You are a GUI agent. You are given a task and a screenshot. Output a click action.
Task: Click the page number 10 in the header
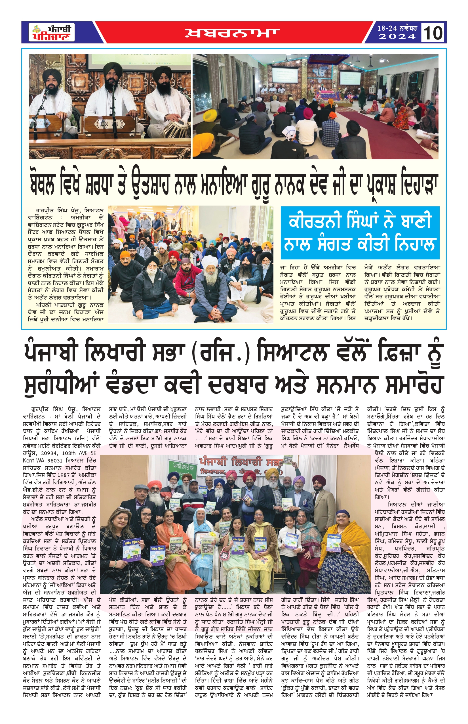click(433, 33)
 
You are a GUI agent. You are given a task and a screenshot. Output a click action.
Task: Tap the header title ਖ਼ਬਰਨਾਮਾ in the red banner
click(233, 33)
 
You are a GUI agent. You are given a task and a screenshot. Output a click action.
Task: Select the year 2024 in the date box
click(397, 37)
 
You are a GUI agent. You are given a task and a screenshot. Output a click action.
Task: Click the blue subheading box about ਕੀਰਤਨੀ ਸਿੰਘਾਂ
click(360, 233)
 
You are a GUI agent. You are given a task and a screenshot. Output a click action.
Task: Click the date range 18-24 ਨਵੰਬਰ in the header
click(397, 28)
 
